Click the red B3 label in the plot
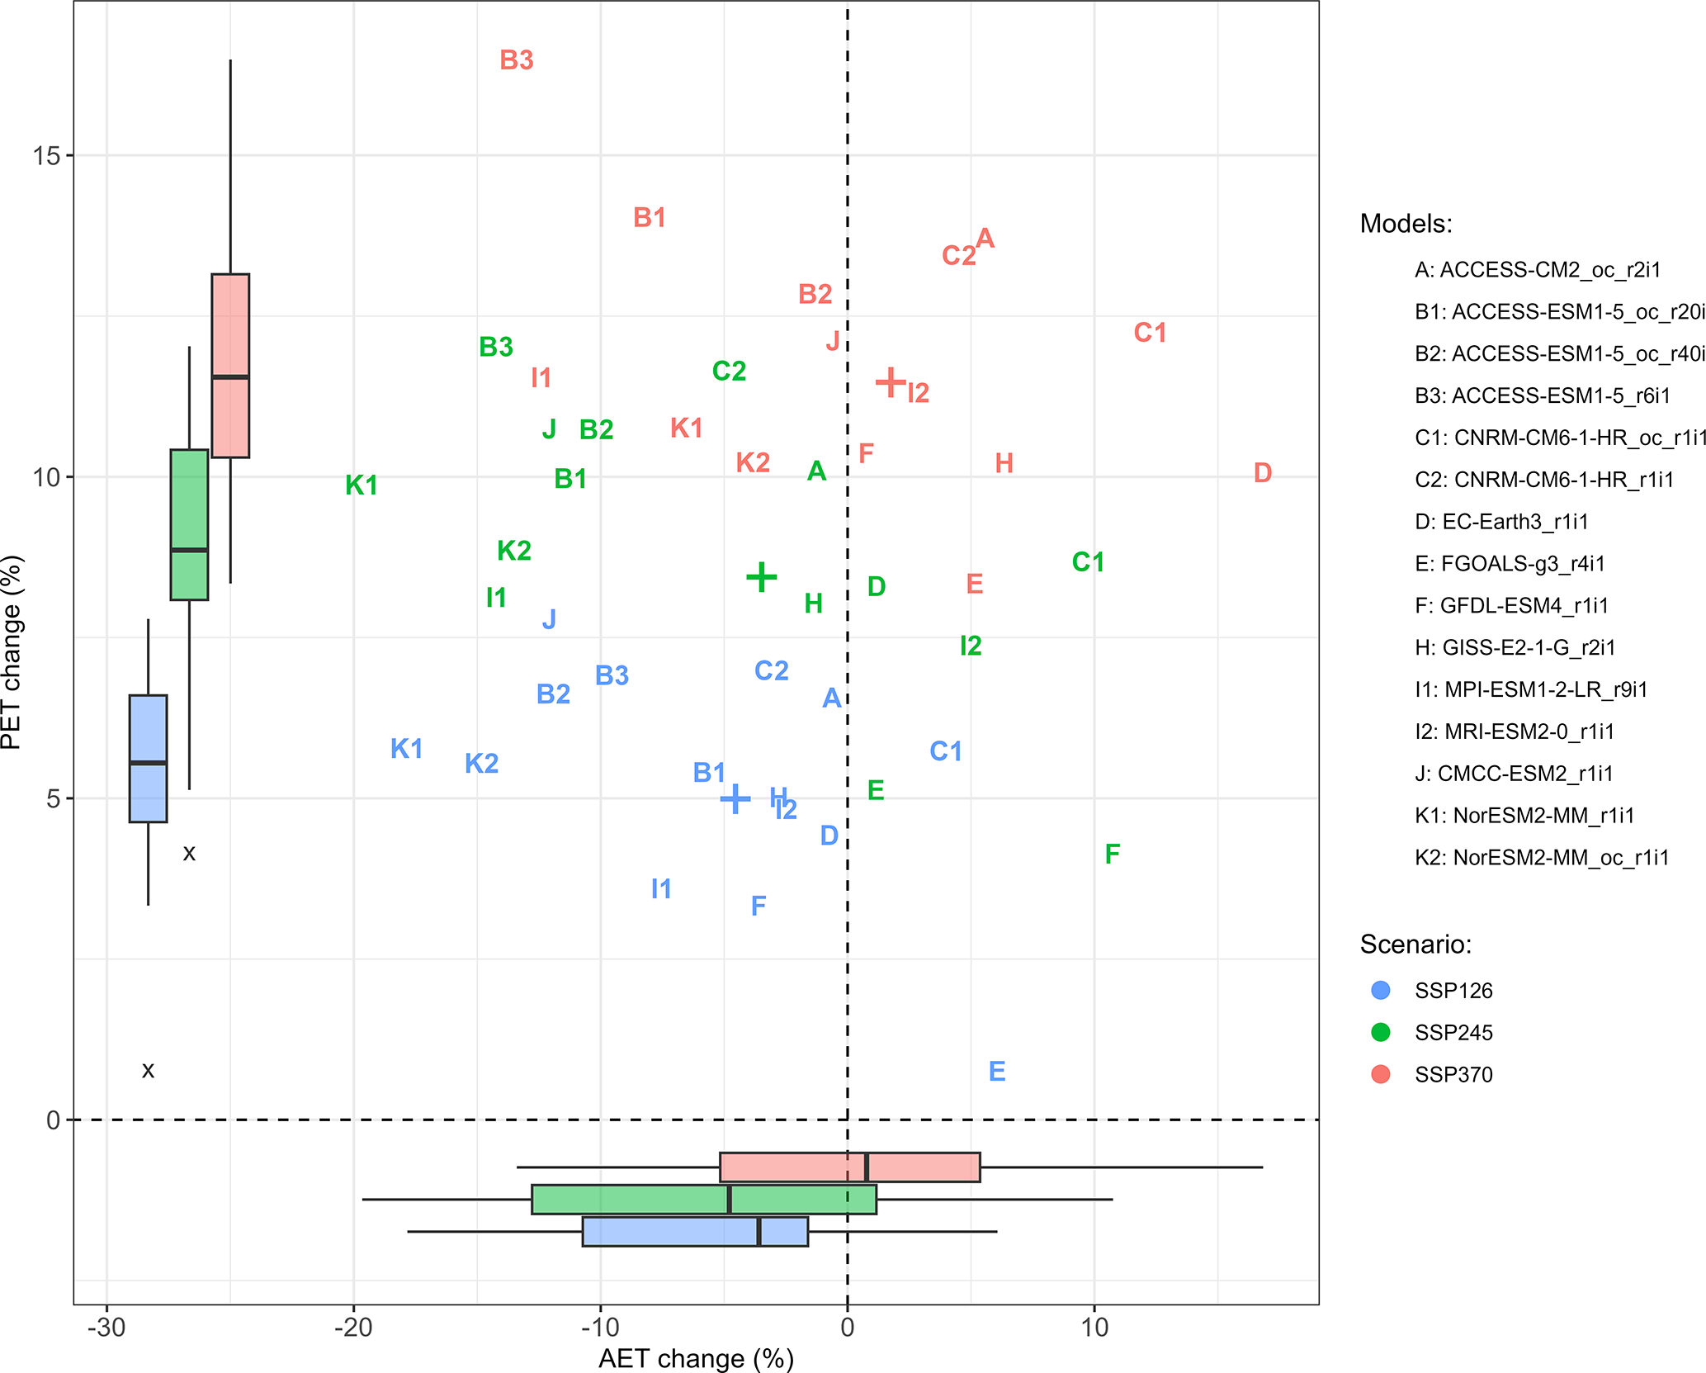pos(517,60)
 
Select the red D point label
pos(1262,473)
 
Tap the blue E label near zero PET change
pos(997,1072)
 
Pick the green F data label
pos(1112,854)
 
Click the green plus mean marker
pos(761,577)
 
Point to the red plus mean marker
pos(891,382)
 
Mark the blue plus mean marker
pos(735,798)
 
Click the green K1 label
pos(362,485)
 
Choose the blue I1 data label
pos(661,889)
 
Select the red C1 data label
pos(1150,333)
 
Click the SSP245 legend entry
pos(1453,1033)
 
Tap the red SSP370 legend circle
pos(1380,1074)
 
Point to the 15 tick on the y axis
pos(48,155)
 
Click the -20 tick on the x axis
pos(353,1328)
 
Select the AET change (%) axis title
pos(696,1358)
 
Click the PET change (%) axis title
pos(12,652)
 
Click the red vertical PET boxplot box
pos(230,365)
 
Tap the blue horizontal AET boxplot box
pos(695,1231)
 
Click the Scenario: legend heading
pos(1415,944)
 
